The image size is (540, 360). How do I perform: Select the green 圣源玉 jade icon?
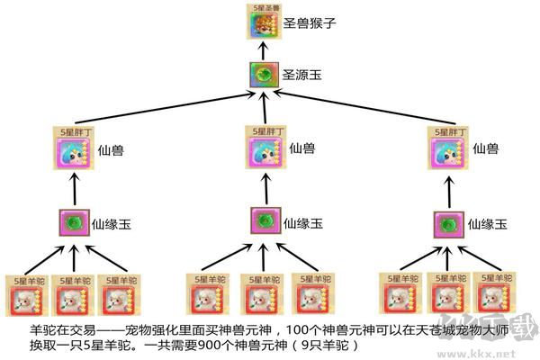pyautogui.click(x=260, y=76)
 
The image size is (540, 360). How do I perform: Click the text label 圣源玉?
pyautogui.click(x=301, y=76)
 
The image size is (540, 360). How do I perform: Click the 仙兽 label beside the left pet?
pyautogui.click(x=112, y=148)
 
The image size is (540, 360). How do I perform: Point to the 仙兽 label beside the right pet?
pyautogui.click(x=487, y=148)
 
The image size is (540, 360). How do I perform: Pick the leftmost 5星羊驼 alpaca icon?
pyautogui.click(x=25, y=294)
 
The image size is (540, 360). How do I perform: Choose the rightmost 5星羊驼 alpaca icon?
pyautogui.click(x=493, y=294)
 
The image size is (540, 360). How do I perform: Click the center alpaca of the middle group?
pyautogui.click(x=265, y=294)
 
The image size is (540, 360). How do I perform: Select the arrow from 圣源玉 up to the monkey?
pyautogui.click(x=260, y=52)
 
